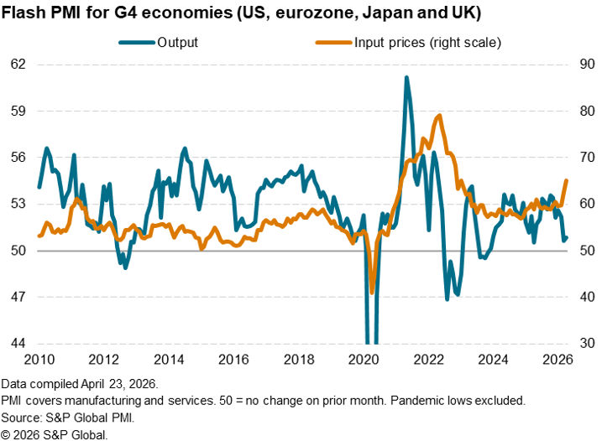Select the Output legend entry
177,43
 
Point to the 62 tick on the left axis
18,65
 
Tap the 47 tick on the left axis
18,298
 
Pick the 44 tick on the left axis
18,344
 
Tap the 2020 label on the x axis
364,361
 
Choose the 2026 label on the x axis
560,361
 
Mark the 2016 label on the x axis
234,361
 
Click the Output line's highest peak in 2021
406,77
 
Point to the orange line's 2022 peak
440,116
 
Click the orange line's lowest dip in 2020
372,293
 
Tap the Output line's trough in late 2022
447,299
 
